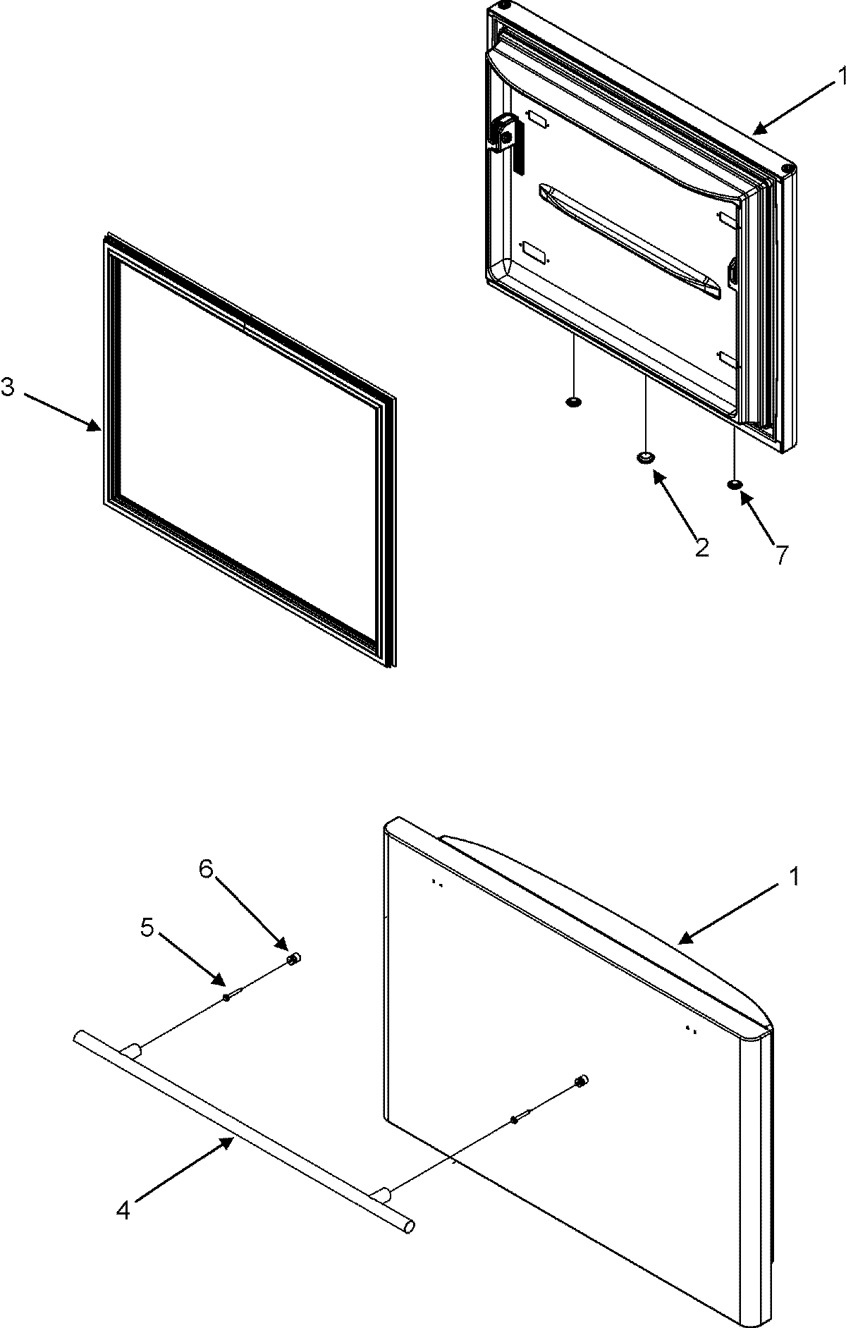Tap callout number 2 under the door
pyautogui.click(x=701, y=548)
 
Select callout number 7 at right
pyautogui.click(x=781, y=555)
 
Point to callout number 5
pyautogui.click(x=147, y=928)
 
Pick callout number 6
pyautogui.click(x=205, y=870)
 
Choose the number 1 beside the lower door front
pyautogui.click(x=795, y=877)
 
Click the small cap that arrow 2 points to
pyautogui.click(x=645, y=458)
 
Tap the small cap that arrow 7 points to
pyautogui.click(x=734, y=484)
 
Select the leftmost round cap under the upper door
pyautogui.click(x=574, y=402)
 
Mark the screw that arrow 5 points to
pyautogui.click(x=230, y=996)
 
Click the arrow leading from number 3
pyautogui.click(x=63, y=410)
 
